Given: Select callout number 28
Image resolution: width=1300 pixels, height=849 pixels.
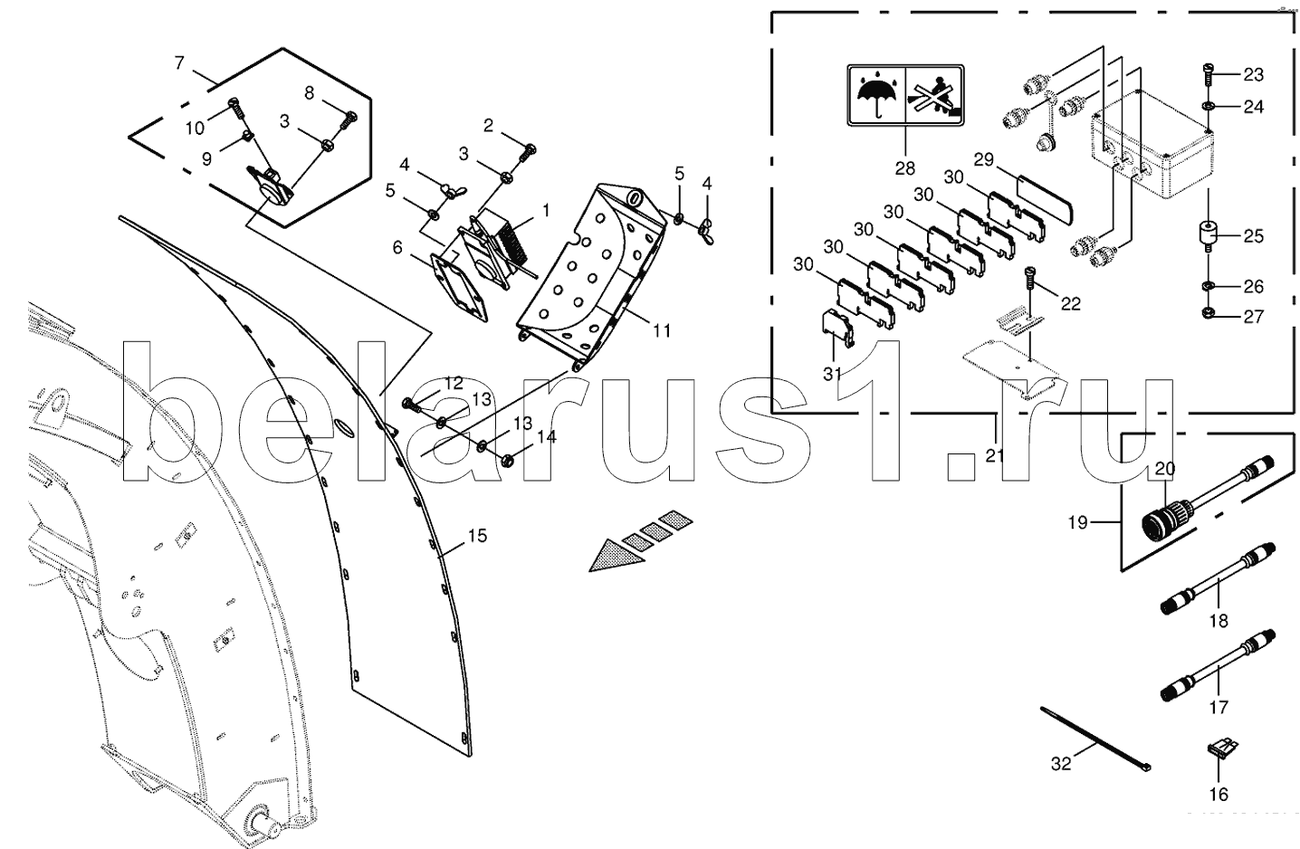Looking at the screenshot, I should [x=904, y=167].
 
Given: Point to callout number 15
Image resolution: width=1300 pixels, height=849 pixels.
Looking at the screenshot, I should [x=477, y=536].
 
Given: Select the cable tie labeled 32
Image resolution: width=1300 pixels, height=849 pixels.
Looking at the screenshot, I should [x=1096, y=738].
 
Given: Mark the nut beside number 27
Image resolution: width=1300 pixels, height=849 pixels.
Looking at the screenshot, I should [x=1207, y=315].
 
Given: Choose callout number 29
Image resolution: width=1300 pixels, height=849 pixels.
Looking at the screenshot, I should [x=983, y=159].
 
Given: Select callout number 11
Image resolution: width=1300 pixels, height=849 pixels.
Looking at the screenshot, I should [x=662, y=330].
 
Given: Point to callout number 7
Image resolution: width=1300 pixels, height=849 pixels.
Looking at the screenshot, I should [x=178, y=62].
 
